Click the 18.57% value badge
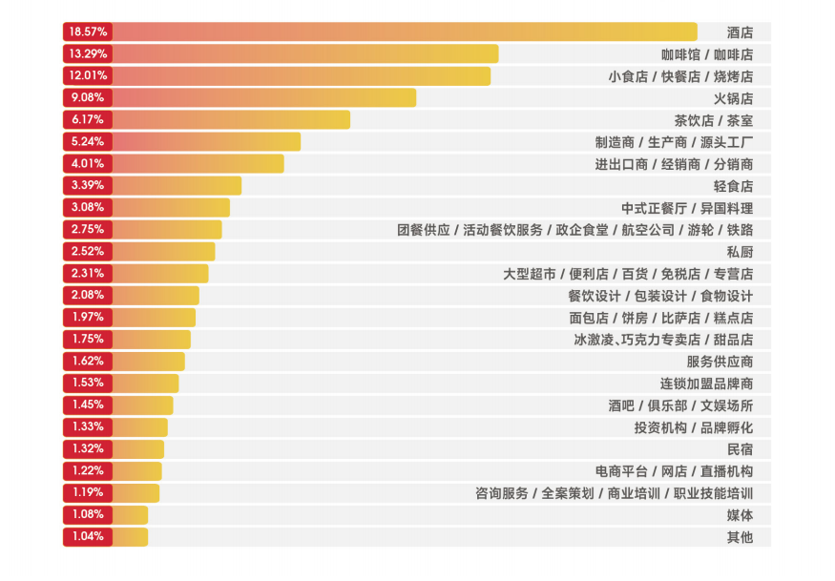coord(88,31)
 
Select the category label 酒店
coord(740,31)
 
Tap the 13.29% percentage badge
coord(88,53)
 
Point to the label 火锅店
coord(733,97)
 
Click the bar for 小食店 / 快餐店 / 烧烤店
coord(301,75)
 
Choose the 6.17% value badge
coord(88,119)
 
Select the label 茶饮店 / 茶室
coord(713,119)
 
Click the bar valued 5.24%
coord(206,141)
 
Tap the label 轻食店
coord(733,185)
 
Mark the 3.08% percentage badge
coord(88,207)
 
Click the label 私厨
coord(740,251)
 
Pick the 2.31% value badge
coord(88,273)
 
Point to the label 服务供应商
coord(720,361)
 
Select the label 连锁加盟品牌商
coord(706,383)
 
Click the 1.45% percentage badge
coord(88,405)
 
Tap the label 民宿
coord(740,448)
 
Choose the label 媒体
coord(740,514)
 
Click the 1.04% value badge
coord(88,536)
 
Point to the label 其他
coord(740,536)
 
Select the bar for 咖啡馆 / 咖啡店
coord(305,53)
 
